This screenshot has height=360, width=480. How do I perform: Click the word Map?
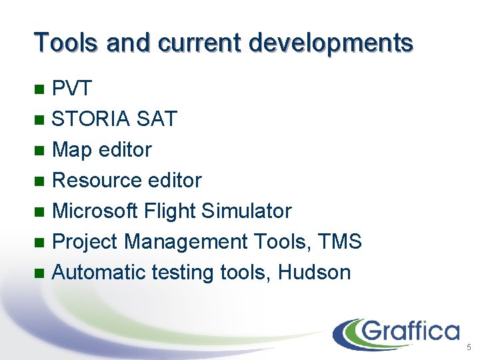click(x=72, y=150)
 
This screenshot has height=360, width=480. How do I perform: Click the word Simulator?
click(x=247, y=211)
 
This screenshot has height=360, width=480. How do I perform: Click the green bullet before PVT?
click(x=40, y=89)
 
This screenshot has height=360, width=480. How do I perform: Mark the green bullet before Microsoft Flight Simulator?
click(x=40, y=211)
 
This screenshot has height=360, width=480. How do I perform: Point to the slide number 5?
click(x=469, y=347)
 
